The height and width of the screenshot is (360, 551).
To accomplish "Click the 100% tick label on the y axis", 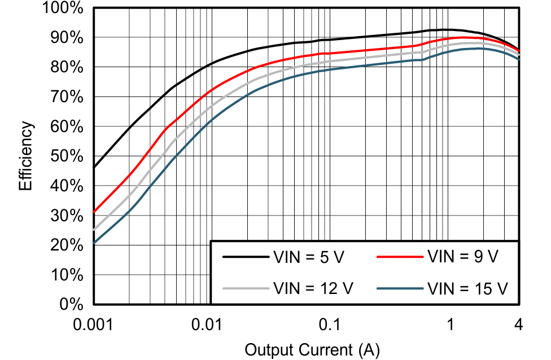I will tap(63, 8).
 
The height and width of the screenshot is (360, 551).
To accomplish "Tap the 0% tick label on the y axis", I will tap(72, 305).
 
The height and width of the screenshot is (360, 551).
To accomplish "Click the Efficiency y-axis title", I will tap(27, 156).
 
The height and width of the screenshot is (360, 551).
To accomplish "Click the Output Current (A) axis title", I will tap(312, 349).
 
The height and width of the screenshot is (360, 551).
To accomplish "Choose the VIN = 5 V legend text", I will tap(308, 257).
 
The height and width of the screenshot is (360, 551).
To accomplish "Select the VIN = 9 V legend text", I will tap(463, 257).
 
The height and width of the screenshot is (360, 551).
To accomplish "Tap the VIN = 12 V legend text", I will tap(313, 288).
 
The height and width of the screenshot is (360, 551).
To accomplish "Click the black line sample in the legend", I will tap(245, 257).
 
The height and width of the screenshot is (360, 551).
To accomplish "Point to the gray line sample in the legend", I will tap(245, 288).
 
